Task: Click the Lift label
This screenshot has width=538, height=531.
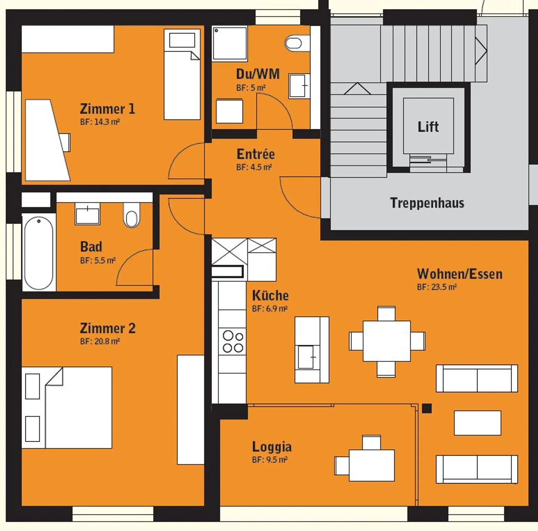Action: pos(428,127)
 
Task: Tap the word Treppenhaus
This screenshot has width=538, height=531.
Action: pos(427,203)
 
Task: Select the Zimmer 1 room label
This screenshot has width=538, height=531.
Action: pos(107,109)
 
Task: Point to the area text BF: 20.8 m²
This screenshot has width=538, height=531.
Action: pos(100,341)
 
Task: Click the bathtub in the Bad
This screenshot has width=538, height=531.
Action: pos(39,253)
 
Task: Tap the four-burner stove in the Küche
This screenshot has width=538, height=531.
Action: pos(233,341)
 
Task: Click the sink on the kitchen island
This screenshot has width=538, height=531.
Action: pos(306,357)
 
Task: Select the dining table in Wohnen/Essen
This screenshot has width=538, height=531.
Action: pos(387,341)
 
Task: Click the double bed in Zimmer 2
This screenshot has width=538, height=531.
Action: pos(67,408)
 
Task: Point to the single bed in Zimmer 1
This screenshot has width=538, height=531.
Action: pos(182,75)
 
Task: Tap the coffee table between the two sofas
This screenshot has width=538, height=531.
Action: pos(477,423)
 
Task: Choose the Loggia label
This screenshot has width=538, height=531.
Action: pos(272,446)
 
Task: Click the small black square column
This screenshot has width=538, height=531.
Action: pos(427,408)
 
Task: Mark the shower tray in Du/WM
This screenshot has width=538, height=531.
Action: pos(230,43)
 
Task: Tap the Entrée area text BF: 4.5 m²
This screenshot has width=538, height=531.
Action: pos(254,167)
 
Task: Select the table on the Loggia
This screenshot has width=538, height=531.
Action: pos(371,465)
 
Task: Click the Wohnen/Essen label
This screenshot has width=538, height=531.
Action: pos(460,274)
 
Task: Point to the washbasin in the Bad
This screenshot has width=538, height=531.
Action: pos(87,215)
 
